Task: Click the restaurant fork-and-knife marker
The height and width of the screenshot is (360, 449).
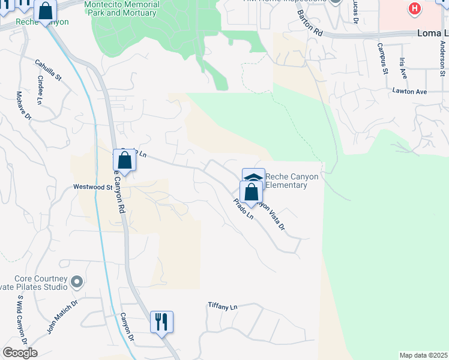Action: pos(161,322)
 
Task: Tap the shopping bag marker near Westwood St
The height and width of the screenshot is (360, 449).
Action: pos(124,161)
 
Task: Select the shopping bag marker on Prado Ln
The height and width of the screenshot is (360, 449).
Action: pos(252,193)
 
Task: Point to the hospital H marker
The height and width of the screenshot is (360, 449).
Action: pos(414,8)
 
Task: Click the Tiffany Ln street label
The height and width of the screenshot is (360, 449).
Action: pos(223,307)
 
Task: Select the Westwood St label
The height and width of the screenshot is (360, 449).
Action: pos(92,187)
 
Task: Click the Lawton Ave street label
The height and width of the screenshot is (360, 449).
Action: pos(409,92)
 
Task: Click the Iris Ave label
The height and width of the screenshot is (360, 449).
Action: pos(403,68)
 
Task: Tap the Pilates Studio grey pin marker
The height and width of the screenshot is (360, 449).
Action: pos(76,281)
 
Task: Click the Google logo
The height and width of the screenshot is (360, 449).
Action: pos(20,353)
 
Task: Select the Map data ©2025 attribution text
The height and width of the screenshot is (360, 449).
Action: pos(423,355)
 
